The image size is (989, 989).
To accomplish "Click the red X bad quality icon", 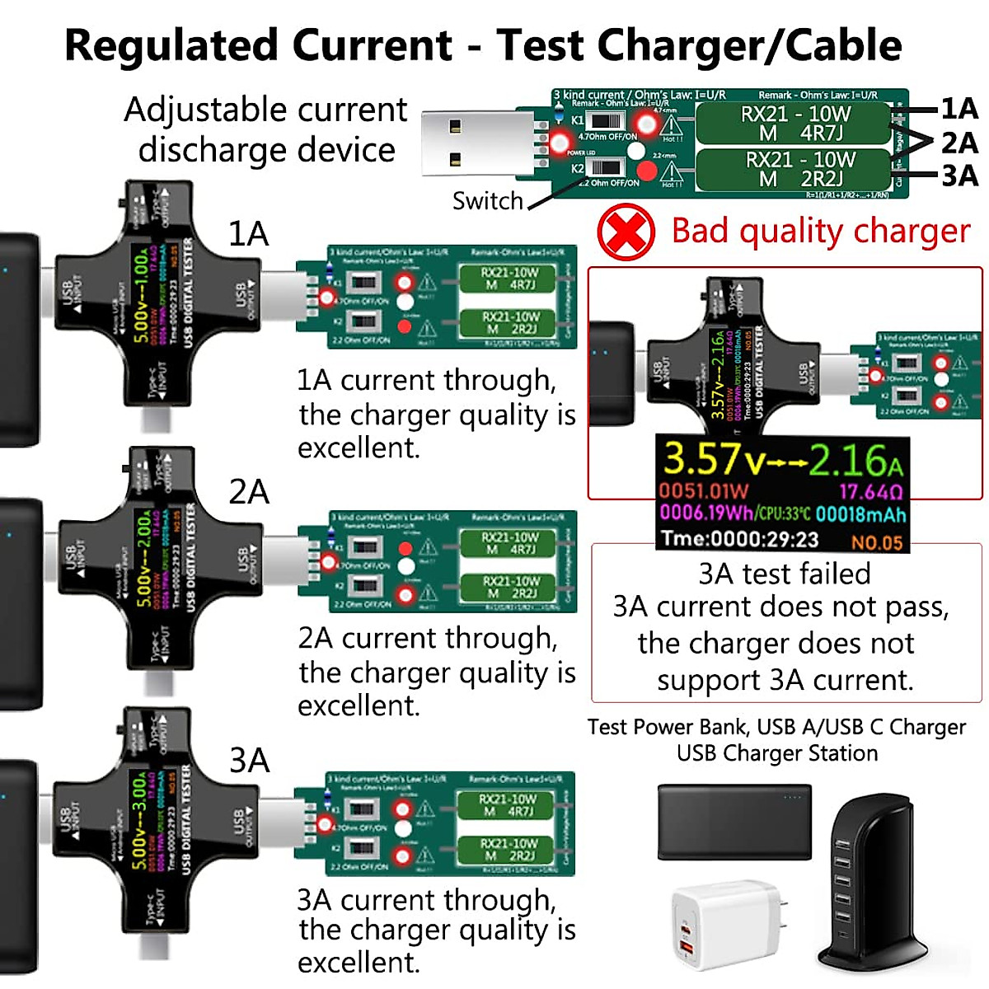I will tap(626, 232).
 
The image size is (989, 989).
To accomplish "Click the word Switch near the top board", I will tap(487, 200).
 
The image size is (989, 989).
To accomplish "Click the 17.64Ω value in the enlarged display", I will tap(870, 492).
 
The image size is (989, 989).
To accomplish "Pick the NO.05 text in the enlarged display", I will tap(877, 542).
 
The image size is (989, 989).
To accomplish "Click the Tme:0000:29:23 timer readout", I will tap(739, 540).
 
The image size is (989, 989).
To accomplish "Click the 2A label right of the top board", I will tap(959, 143).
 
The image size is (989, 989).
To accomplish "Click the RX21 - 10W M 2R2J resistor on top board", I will tap(794, 169).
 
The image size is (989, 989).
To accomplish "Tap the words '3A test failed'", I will tap(784, 573).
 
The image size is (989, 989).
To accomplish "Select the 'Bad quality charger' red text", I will tap(820, 232).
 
